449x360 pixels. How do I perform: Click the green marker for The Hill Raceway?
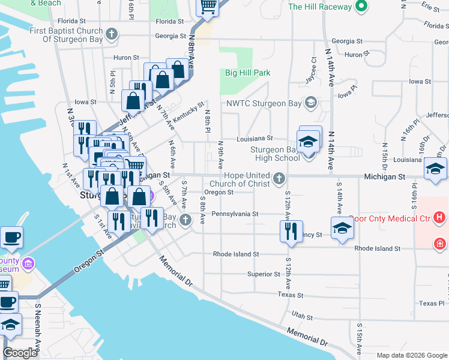360,7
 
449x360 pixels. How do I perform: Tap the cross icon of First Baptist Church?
111,34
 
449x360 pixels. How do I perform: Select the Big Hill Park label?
247,73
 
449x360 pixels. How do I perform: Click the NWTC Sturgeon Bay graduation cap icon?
310,102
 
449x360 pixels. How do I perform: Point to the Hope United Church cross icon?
279,178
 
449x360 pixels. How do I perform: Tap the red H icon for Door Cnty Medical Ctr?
440,217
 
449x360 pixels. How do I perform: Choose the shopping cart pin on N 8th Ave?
208,7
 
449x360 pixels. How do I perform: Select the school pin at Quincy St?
342,229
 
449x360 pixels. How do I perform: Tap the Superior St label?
264,274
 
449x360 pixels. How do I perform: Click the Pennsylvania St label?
235,214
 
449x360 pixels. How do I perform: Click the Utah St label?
302,316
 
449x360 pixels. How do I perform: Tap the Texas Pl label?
432,304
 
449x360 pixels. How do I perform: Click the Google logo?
20,353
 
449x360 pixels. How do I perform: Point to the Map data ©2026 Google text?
411,355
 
